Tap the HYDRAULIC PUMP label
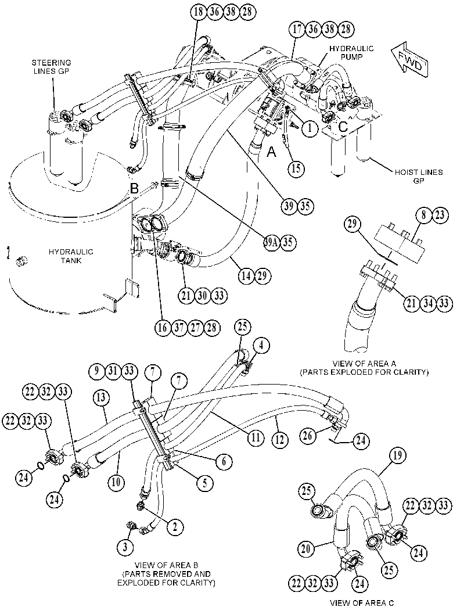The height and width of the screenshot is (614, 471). point(351,52)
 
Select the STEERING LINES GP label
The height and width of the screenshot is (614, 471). point(52,67)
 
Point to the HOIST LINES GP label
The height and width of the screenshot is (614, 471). point(419,176)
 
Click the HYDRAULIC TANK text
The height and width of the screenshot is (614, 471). point(71,256)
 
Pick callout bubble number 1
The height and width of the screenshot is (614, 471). point(310,128)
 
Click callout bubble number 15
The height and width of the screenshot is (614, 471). point(296,168)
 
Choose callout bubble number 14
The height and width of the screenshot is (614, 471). point(246,276)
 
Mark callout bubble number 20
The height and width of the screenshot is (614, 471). point(306,548)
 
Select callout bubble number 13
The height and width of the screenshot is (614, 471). point(101,398)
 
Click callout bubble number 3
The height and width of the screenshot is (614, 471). point(125,547)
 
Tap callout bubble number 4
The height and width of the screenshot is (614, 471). point(261,346)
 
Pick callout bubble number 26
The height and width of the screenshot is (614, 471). point(308,436)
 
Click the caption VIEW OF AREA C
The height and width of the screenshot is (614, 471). point(362,603)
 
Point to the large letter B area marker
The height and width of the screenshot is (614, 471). point(134,189)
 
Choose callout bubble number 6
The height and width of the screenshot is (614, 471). point(224,462)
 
